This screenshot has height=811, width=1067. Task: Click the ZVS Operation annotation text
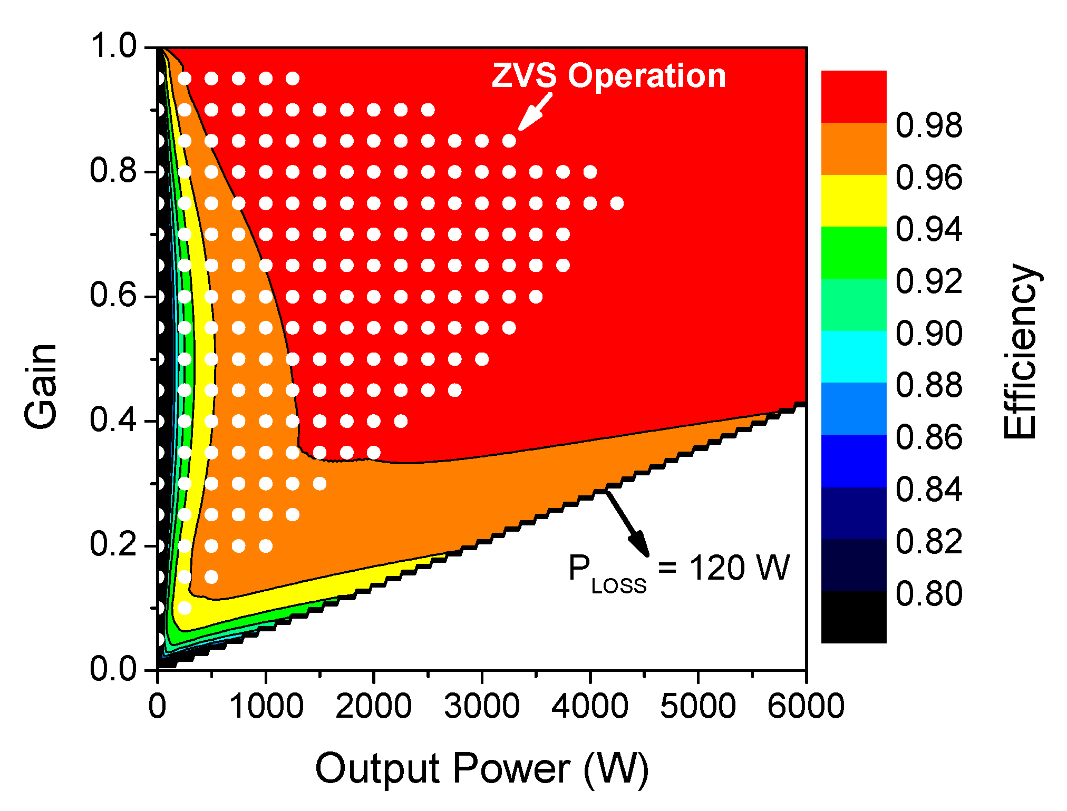pos(609,76)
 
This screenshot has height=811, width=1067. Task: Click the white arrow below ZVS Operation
pos(535,112)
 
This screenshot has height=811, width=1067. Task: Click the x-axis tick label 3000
pos(482,706)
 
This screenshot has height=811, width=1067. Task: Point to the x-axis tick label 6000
pos(806,706)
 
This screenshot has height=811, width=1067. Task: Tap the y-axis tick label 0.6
pos(113,295)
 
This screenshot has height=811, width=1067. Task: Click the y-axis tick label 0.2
pos(113,544)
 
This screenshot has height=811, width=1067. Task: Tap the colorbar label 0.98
pos(929,126)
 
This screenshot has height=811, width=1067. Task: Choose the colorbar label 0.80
pos(929,594)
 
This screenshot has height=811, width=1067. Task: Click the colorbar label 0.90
pos(929,334)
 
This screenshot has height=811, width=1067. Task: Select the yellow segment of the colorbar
pos(853,201)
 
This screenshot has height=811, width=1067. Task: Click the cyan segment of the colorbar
pos(853,357)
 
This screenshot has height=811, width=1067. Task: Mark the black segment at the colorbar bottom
pos(853,617)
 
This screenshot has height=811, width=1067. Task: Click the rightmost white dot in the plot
pos(617,203)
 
